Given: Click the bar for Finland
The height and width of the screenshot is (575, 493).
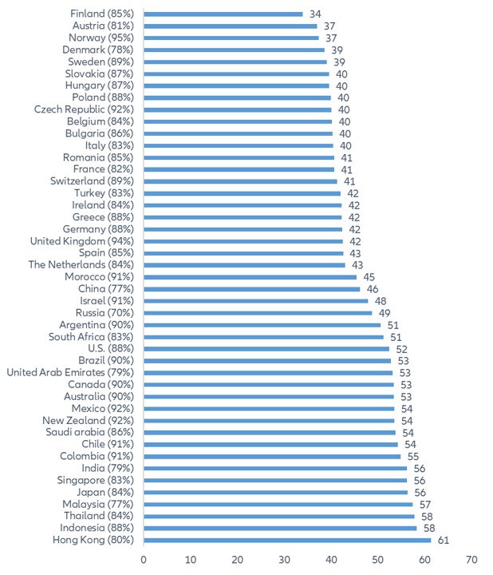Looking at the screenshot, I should tap(223, 14).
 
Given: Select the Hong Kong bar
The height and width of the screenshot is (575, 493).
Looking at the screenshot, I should tap(287, 540).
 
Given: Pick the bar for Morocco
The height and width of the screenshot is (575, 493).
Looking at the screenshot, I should tap(250, 277).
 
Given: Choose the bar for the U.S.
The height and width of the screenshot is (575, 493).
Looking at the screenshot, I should tap(266, 348).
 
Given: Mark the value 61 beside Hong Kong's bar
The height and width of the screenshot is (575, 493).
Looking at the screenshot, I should tap(442, 540).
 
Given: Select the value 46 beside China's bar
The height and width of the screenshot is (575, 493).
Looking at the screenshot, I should tap(372, 288).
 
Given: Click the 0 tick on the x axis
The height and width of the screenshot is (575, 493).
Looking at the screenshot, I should tap(144, 558).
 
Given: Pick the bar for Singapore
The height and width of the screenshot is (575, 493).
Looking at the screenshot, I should tap(275, 480).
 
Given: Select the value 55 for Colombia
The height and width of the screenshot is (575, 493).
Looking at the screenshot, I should tap(413, 456).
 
